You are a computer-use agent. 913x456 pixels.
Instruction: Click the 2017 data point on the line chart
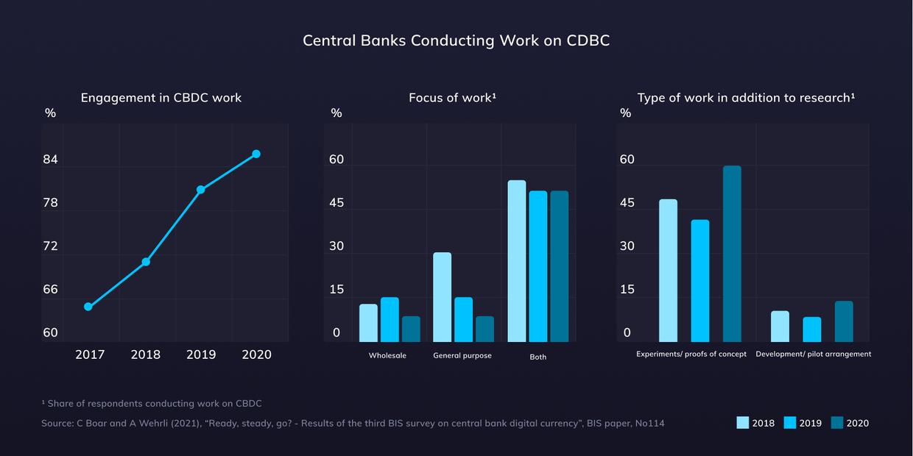coord(88,307)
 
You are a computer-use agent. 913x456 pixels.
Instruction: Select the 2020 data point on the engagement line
coord(256,154)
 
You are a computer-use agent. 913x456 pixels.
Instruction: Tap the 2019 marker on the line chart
coord(200,190)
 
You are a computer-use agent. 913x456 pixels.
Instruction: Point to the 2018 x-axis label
coord(146,355)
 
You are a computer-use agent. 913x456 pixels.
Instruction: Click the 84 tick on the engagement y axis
coord(50,160)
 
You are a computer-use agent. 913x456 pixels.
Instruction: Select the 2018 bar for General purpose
coord(443,297)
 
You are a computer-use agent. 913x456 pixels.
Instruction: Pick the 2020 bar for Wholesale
coord(411,329)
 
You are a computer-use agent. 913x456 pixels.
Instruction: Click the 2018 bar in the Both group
coord(517,261)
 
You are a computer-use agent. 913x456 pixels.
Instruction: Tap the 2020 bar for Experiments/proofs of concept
coord(732,254)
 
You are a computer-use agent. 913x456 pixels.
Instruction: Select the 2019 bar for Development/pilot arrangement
coord(812,329)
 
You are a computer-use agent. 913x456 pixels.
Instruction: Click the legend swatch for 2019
coord(790,423)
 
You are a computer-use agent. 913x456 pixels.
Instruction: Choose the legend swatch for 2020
coord(837,423)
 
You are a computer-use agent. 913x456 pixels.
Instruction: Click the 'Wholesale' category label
coord(387,355)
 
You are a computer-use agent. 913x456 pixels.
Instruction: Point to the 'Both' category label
coord(538,357)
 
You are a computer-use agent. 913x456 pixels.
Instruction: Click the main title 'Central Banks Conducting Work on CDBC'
coord(456,40)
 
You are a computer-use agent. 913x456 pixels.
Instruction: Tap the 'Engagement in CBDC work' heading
coord(161,97)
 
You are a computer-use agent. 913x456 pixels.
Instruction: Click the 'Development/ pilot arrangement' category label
coord(813,354)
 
